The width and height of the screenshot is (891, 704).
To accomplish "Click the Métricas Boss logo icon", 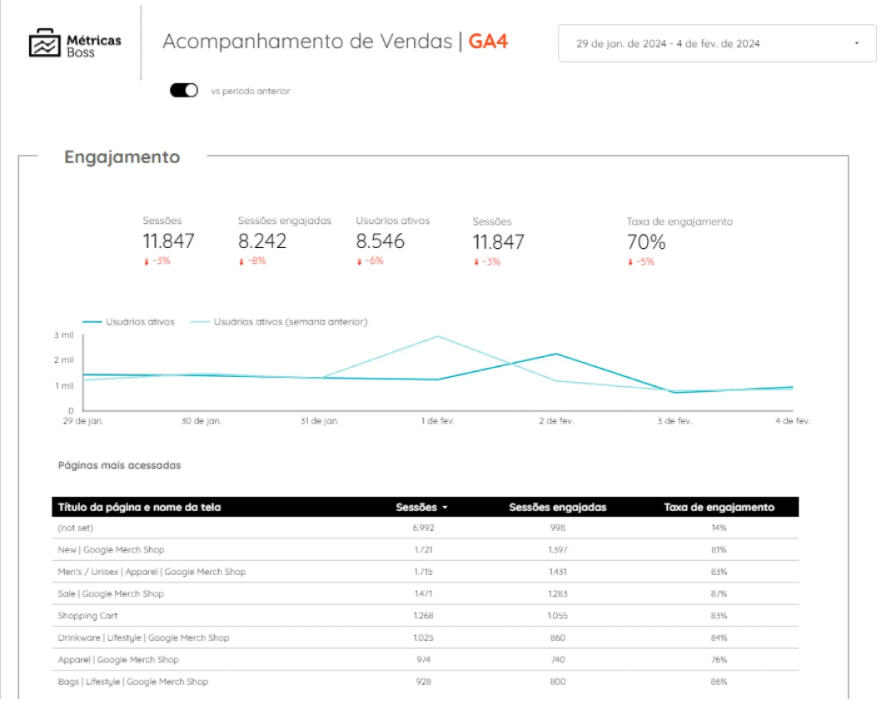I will pyautogui.click(x=44, y=43).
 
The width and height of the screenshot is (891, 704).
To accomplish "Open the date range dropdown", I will pyautogui.click(x=717, y=43).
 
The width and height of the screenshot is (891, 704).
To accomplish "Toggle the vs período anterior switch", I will pyautogui.click(x=184, y=91).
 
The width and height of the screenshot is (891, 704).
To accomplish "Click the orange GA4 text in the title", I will pyautogui.click(x=488, y=42).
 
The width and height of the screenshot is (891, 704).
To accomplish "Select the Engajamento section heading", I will pyautogui.click(x=122, y=157).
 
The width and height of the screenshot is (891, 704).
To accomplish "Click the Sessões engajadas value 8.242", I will pyautogui.click(x=262, y=241).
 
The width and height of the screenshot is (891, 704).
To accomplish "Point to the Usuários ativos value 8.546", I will pyautogui.click(x=381, y=241).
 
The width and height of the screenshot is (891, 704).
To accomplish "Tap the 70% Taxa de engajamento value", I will pyautogui.click(x=646, y=242).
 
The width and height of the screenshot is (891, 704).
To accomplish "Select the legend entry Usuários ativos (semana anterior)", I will pyautogui.click(x=290, y=322).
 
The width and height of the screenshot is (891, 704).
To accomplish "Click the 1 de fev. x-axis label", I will pyautogui.click(x=437, y=421).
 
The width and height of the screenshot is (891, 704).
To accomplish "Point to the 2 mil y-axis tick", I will pyautogui.click(x=64, y=360).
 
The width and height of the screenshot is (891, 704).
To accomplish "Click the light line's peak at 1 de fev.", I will pyautogui.click(x=437, y=336).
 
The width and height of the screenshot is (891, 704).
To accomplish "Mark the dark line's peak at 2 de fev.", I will pyautogui.click(x=556, y=354).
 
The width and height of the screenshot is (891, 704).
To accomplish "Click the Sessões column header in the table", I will pyautogui.click(x=421, y=507).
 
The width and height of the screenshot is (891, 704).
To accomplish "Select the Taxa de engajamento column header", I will pyautogui.click(x=719, y=507).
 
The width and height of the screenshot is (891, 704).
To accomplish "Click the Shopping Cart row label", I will pyautogui.click(x=87, y=616).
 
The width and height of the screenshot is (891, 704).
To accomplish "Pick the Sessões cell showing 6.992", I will pyautogui.click(x=423, y=528).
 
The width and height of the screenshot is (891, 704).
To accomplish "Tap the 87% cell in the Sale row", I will pyautogui.click(x=719, y=593).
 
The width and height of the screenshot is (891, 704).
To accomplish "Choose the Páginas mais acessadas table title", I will pyautogui.click(x=119, y=465).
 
